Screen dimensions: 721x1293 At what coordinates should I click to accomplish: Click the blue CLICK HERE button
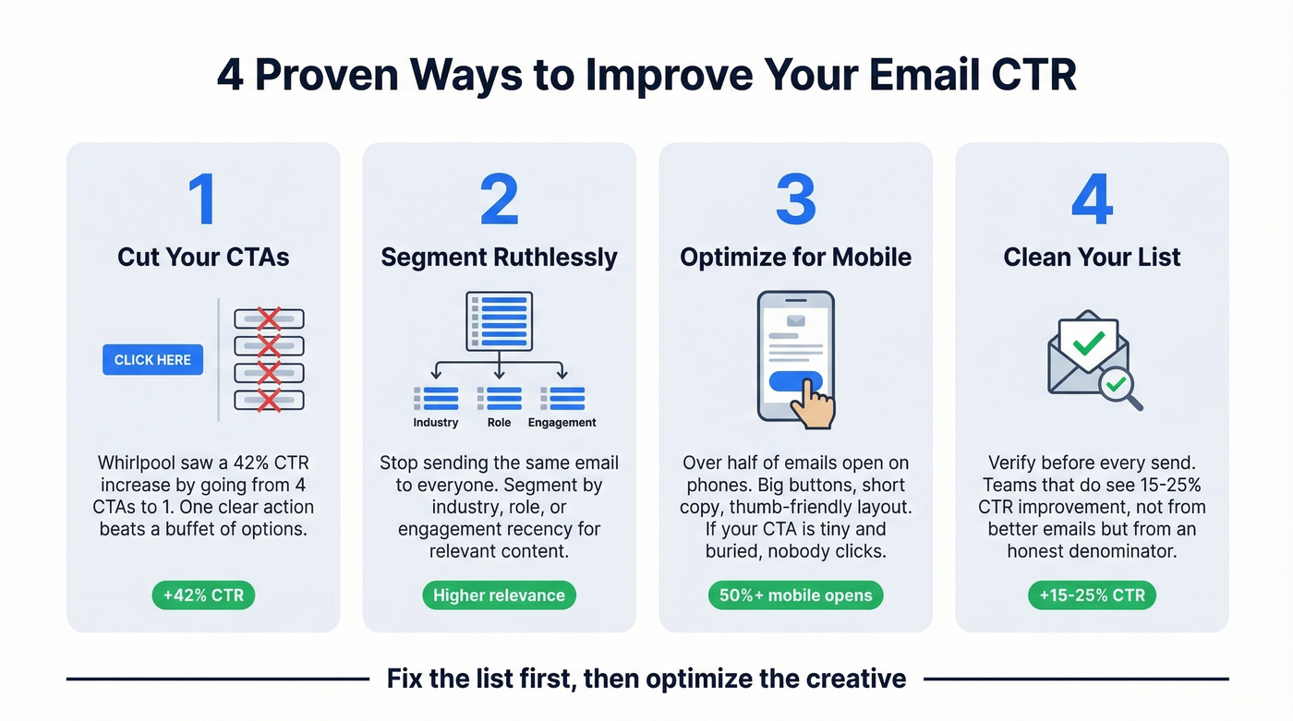[152, 360]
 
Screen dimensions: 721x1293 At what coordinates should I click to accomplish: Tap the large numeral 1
[202, 198]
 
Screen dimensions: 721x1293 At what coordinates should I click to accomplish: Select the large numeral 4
[1091, 198]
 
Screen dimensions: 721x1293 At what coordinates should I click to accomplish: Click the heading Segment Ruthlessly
[499, 257]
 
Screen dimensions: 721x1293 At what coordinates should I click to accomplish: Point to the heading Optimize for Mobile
[795, 257]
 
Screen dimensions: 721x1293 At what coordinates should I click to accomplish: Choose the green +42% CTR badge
[203, 595]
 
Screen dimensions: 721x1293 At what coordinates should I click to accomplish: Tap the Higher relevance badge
[499, 595]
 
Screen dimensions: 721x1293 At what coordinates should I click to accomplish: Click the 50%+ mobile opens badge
[795, 595]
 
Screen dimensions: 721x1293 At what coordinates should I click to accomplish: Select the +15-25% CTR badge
[1092, 595]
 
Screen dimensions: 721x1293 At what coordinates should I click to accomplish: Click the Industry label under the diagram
[436, 423]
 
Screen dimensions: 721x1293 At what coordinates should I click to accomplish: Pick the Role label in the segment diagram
[499, 423]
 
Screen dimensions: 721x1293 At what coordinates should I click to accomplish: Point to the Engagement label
[562, 423]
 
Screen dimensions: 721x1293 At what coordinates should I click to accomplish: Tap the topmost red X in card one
[269, 319]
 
